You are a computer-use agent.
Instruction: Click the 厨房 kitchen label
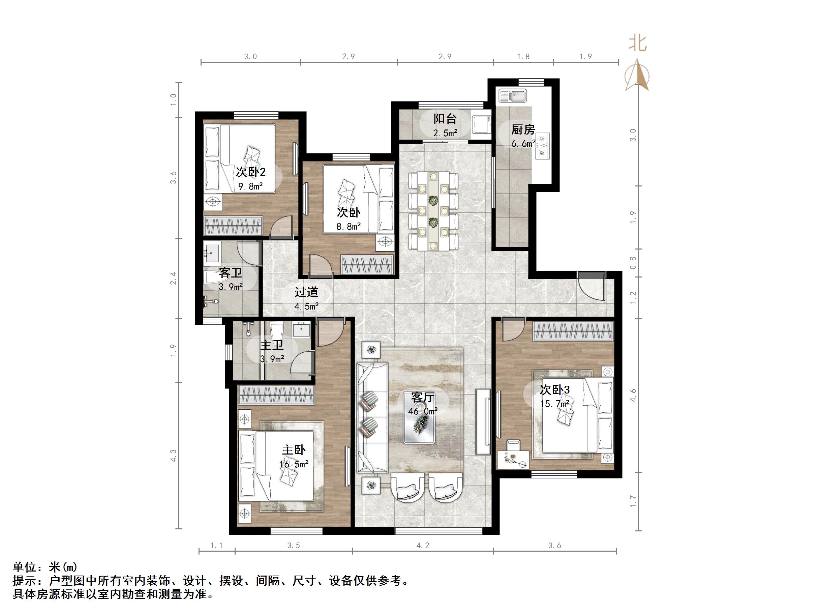(523, 130)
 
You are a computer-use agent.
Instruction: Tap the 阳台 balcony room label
(445, 119)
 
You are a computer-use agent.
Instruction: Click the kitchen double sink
(513, 96)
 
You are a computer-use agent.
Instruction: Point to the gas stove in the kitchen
(542, 146)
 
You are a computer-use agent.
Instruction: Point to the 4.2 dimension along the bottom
(423, 545)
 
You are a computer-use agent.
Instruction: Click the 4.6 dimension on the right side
(633, 395)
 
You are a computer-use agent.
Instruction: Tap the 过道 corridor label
(306, 292)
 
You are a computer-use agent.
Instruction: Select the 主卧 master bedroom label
(294, 450)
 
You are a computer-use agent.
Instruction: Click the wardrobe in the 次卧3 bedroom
(573, 331)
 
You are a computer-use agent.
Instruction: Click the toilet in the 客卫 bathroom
(211, 277)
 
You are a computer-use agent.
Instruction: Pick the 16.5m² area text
(294, 464)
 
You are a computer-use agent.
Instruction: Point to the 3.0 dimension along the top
(250, 57)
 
